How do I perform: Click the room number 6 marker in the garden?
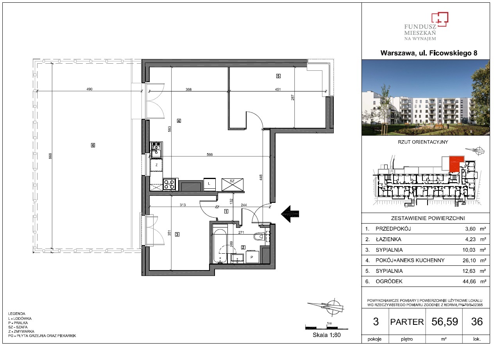coord(93,145)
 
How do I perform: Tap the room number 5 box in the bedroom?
coord(278,76)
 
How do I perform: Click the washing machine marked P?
coord(252,257)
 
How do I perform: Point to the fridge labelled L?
coord(209,184)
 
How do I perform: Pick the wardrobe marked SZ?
coord(233,184)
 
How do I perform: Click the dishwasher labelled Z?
coord(157,165)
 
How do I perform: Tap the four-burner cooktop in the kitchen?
coord(169,184)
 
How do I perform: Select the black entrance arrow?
coord(290,214)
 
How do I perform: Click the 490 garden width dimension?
coord(89,89)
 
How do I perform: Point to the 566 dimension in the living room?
coord(210,155)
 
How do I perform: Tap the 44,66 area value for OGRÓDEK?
coord(469,281)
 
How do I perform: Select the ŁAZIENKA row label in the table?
coord(388,239)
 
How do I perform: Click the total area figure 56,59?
coord(445,322)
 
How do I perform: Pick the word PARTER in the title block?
coord(407,322)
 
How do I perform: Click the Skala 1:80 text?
coord(327,335)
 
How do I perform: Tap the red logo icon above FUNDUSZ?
coord(440,20)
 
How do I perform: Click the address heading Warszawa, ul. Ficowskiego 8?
coord(429,53)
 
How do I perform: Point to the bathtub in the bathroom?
coord(220,246)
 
